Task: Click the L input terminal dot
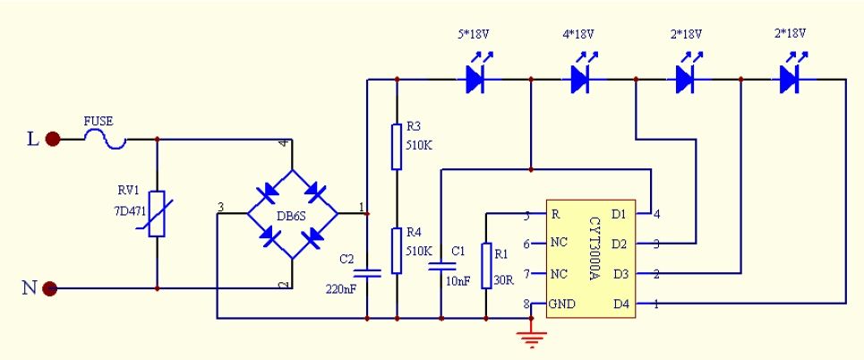[52, 140]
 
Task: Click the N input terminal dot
[50, 287]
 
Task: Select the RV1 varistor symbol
[157, 214]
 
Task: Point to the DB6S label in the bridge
[292, 216]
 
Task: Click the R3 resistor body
[397, 147]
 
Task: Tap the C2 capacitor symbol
[367, 272]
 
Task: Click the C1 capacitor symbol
[441, 267]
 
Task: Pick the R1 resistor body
[486, 266]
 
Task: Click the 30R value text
[505, 280]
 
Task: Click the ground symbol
[531, 337]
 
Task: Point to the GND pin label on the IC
[563, 304]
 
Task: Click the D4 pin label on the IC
[620, 304]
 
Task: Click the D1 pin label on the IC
[620, 214]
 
